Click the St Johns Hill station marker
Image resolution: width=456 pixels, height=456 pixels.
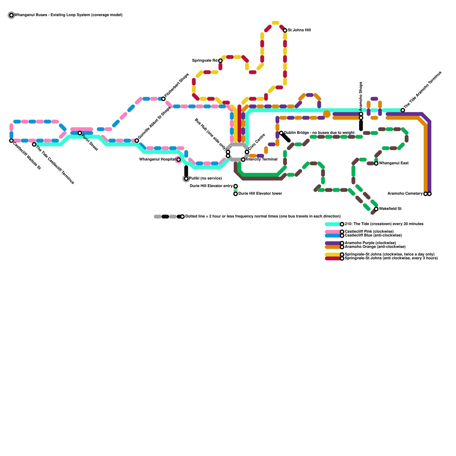(285, 30)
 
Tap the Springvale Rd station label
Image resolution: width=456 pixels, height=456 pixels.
(205, 61)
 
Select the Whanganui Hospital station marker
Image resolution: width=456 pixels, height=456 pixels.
(178, 160)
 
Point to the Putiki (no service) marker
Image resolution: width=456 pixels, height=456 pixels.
(186, 179)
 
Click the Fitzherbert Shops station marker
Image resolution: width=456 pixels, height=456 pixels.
(163, 99)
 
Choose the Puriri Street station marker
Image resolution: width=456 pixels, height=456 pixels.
(80, 133)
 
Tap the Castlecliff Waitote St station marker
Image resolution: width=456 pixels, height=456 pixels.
(11, 141)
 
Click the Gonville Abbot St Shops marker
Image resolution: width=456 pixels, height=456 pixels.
(137, 141)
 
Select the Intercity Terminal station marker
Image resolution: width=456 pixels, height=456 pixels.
(243, 160)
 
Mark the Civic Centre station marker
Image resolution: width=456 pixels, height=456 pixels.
(247, 152)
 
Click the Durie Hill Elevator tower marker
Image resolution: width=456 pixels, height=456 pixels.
(235, 194)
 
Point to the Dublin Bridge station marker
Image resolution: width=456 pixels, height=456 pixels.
(281, 133)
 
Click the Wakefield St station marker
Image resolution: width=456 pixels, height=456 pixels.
(376, 209)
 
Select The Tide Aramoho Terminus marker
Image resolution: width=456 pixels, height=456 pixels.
(403, 110)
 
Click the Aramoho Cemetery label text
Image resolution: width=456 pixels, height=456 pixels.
(405, 194)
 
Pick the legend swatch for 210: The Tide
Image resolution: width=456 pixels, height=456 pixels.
(333, 224)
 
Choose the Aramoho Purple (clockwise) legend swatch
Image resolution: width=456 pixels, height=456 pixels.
(333, 243)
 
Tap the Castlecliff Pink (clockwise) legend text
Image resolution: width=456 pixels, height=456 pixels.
(369, 231)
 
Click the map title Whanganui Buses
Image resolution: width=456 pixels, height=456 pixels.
(68, 15)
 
